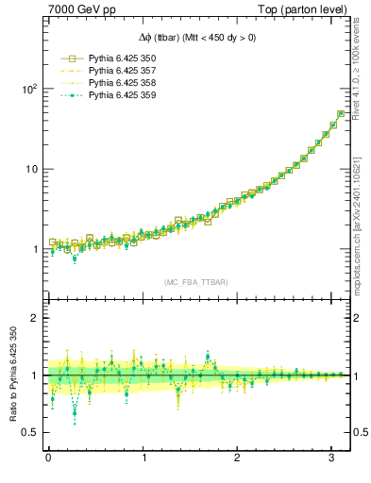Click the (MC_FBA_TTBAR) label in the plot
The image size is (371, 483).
tap(195, 282)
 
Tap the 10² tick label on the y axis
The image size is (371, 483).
tap(27, 89)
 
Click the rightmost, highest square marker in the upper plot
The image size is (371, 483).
tap(341, 114)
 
